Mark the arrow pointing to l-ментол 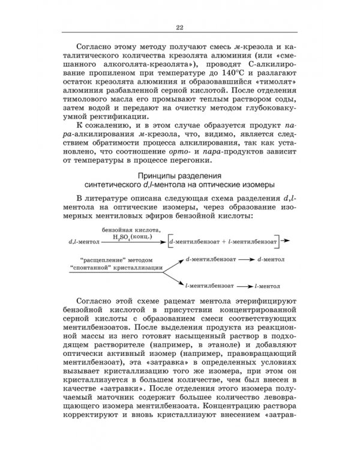pos(244,287)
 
